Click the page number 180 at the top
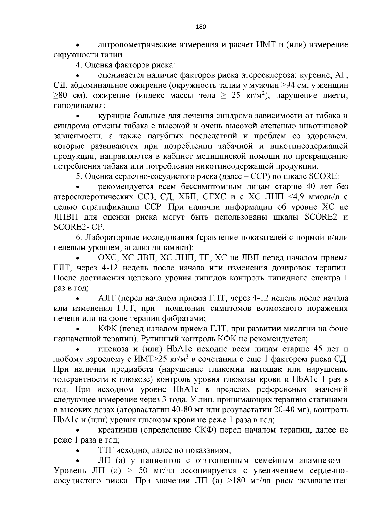coord(201,27)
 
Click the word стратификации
coord(119,207)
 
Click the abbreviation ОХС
coord(107,258)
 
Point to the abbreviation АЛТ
coord(107,299)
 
